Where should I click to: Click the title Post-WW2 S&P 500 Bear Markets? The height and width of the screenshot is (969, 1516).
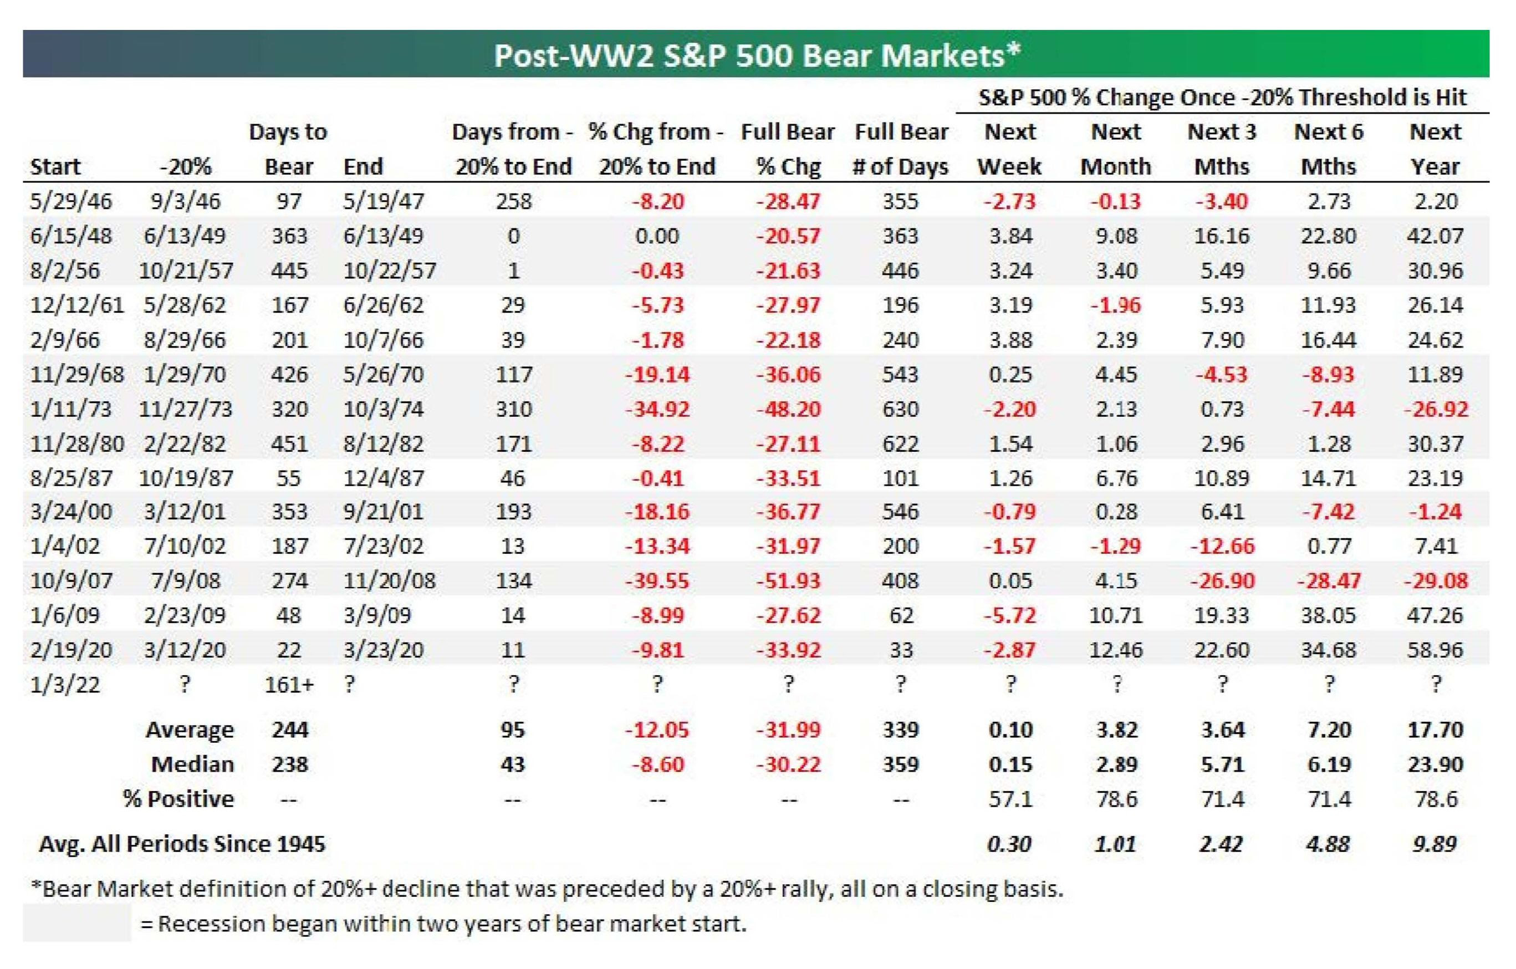pyautogui.click(x=756, y=55)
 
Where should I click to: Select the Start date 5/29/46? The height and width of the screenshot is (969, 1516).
pyautogui.click(x=70, y=201)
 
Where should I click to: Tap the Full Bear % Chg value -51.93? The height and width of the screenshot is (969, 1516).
pyautogui.click(x=788, y=580)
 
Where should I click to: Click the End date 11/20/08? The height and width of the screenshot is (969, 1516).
pyautogui.click(x=389, y=580)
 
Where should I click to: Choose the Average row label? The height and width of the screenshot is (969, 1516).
pyautogui.click(x=190, y=730)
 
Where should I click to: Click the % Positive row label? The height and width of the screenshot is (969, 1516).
pyautogui.click(x=178, y=799)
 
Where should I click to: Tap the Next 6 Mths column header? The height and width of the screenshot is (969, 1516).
pyautogui.click(x=1329, y=149)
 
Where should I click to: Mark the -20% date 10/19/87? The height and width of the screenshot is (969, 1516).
pyautogui.click(x=186, y=478)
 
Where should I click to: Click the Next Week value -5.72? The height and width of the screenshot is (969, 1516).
pyautogui.click(x=1010, y=615)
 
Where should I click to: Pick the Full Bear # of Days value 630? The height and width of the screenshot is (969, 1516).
pyautogui.click(x=900, y=409)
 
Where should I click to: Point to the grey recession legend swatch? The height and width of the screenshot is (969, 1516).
pyautogui.click(x=77, y=924)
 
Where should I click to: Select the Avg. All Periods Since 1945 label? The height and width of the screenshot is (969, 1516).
pyautogui.click(x=182, y=844)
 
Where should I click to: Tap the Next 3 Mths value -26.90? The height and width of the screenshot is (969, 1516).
pyautogui.click(x=1222, y=580)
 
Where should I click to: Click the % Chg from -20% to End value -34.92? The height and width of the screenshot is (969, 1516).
pyautogui.click(x=657, y=409)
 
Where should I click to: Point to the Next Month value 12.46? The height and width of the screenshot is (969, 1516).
pyautogui.click(x=1116, y=649)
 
